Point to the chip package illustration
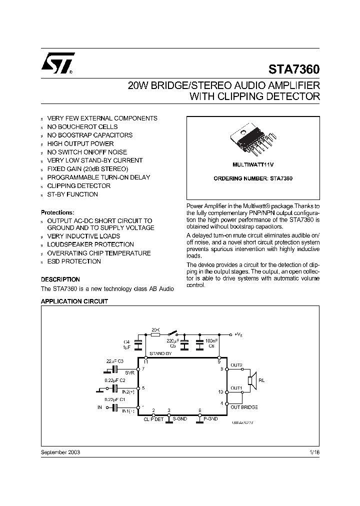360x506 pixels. (252, 140)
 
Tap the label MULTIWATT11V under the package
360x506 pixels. (252, 164)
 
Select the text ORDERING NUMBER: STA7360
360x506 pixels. (253, 178)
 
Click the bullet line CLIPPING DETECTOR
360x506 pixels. (78, 186)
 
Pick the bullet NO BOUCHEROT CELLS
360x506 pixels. (82, 127)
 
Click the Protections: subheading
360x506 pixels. (57, 212)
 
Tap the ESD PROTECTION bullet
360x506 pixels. (74, 261)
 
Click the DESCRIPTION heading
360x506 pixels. (60, 279)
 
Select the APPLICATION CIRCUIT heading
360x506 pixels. (73, 302)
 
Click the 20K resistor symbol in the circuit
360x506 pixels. (155, 335)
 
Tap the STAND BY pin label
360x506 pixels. (160, 353)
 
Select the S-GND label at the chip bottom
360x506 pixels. (180, 418)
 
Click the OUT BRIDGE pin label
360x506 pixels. (244, 407)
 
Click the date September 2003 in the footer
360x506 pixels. (60, 451)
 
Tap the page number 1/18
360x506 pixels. (313, 451)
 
